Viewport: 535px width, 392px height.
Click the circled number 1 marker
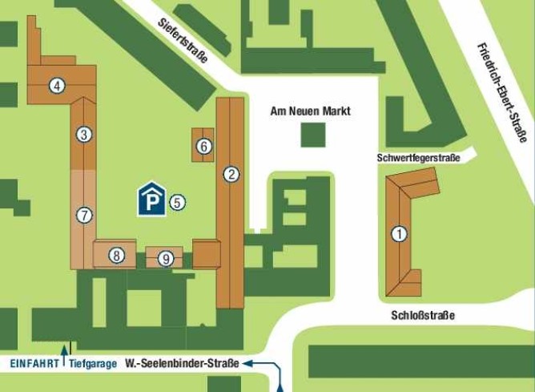(x=398, y=234)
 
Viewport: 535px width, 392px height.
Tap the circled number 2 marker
(x=232, y=174)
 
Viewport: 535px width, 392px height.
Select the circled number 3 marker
(x=83, y=135)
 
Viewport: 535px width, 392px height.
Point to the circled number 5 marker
(x=178, y=202)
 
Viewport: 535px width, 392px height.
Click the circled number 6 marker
(x=204, y=146)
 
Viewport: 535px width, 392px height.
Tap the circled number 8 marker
(x=117, y=256)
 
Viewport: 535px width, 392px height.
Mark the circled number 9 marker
(x=166, y=258)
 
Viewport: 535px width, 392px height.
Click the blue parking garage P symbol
(x=151, y=200)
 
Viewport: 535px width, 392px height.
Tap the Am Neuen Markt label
(x=312, y=111)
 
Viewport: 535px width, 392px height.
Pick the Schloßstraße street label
(x=424, y=315)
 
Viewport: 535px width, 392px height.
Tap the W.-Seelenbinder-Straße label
(x=183, y=363)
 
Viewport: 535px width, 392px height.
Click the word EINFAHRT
(x=34, y=363)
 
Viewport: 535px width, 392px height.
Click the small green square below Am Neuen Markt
(x=314, y=135)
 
